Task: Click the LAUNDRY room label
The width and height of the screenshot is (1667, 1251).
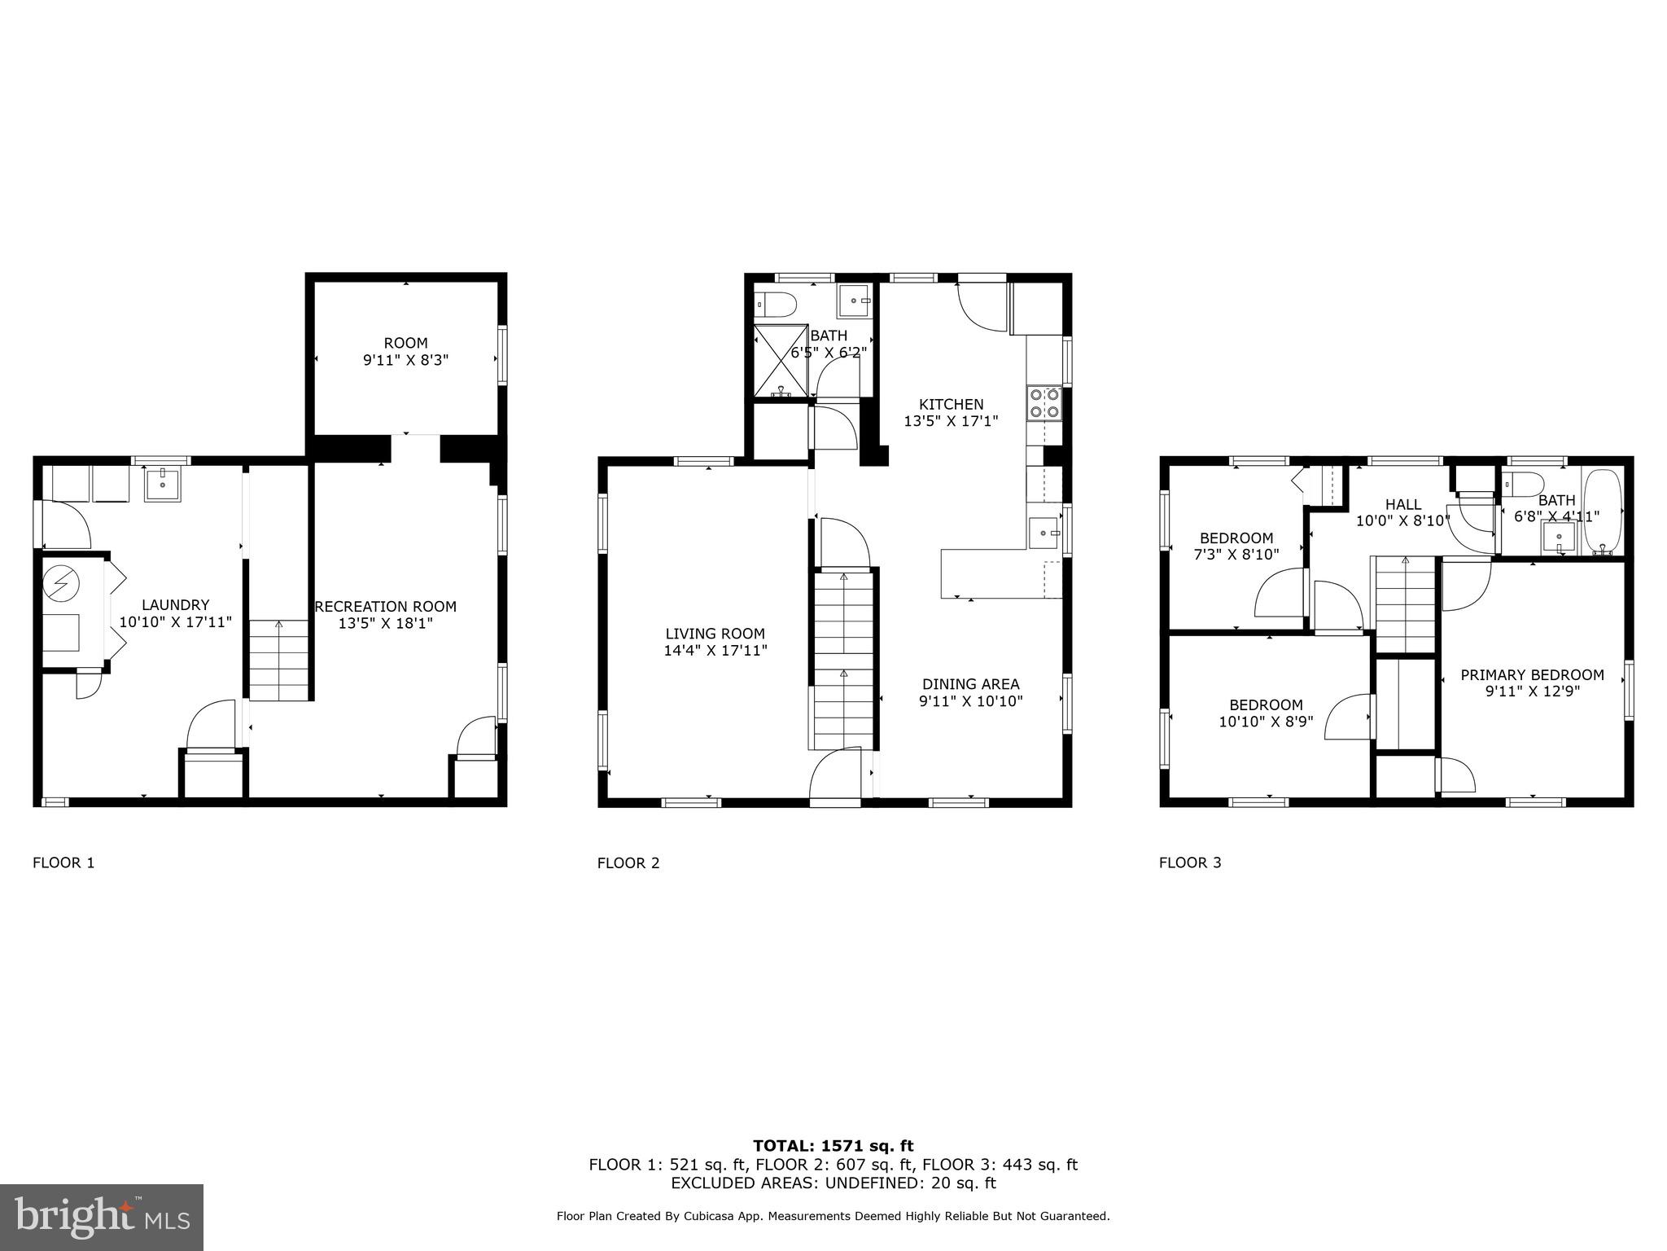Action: pyautogui.click(x=175, y=605)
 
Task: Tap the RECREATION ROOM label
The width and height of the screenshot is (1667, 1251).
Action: pyautogui.click(x=386, y=607)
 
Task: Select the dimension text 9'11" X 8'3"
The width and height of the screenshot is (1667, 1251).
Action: pyautogui.click(x=406, y=360)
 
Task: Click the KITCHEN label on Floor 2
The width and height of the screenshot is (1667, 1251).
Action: pyautogui.click(x=951, y=405)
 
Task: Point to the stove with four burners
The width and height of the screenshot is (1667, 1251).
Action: pyautogui.click(x=1044, y=402)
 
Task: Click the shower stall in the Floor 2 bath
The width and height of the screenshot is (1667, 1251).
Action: pyautogui.click(x=781, y=361)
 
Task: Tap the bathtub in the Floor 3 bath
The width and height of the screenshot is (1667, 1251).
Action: pyautogui.click(x=1604, y=511)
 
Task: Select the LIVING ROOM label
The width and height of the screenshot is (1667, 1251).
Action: pyautogui.click(x=715, y=634)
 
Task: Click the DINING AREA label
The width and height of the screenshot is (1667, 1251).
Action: pyautogui.click(x=970, y=684)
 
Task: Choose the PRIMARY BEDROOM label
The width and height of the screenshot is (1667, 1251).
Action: pyautogui.click(x=1532, y=675)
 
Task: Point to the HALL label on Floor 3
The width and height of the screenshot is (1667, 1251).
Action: pyautogui.click(x=1402, y=505)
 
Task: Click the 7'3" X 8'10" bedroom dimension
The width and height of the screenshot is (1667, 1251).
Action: pyautogui.click(x=1236, y=554)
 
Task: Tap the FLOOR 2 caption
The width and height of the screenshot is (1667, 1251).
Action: pyautogui.click(x=628, y=863)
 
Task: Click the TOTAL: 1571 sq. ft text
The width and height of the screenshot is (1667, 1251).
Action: pyautogui.click(x=833, y=1146)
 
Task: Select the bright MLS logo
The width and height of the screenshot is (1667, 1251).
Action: pyautogui.click(x=102, y=1217)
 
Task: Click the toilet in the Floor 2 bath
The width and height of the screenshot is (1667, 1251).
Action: pyautogui.click(x=774, y=305)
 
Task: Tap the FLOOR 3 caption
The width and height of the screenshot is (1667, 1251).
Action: pyautogui.click(x=1190, y=863)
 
